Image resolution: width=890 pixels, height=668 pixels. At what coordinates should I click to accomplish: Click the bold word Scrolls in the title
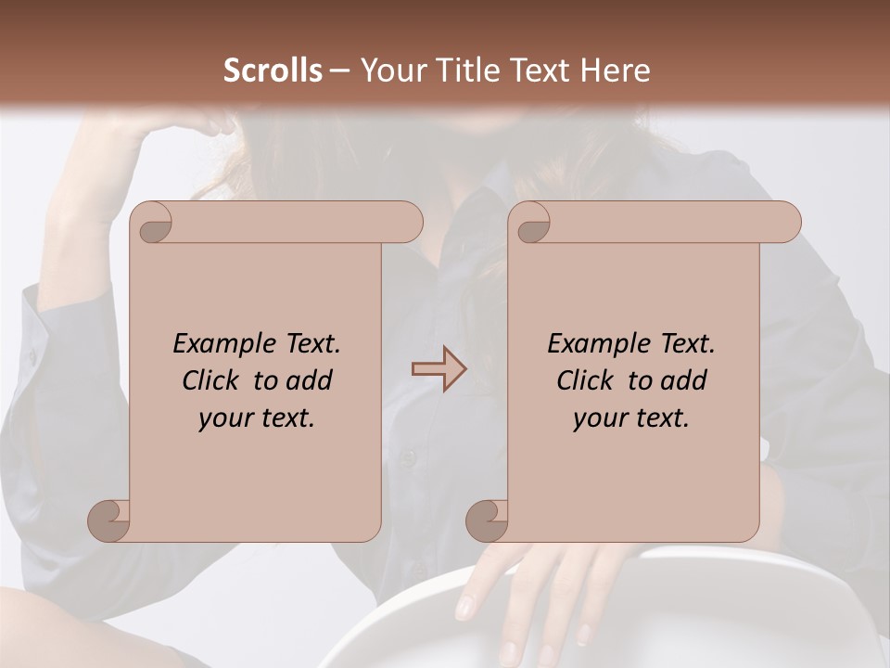coord(273,71)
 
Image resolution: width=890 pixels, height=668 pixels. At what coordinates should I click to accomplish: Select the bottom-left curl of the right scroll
coord(488,520)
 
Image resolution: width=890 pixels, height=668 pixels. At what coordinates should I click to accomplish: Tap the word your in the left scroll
coord(224,418)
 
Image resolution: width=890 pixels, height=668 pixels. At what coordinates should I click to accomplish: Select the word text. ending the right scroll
coord(659,418)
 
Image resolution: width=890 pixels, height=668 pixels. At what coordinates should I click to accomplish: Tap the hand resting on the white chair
coord(538,594)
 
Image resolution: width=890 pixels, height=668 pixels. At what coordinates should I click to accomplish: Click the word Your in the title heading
coord(390,71)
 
